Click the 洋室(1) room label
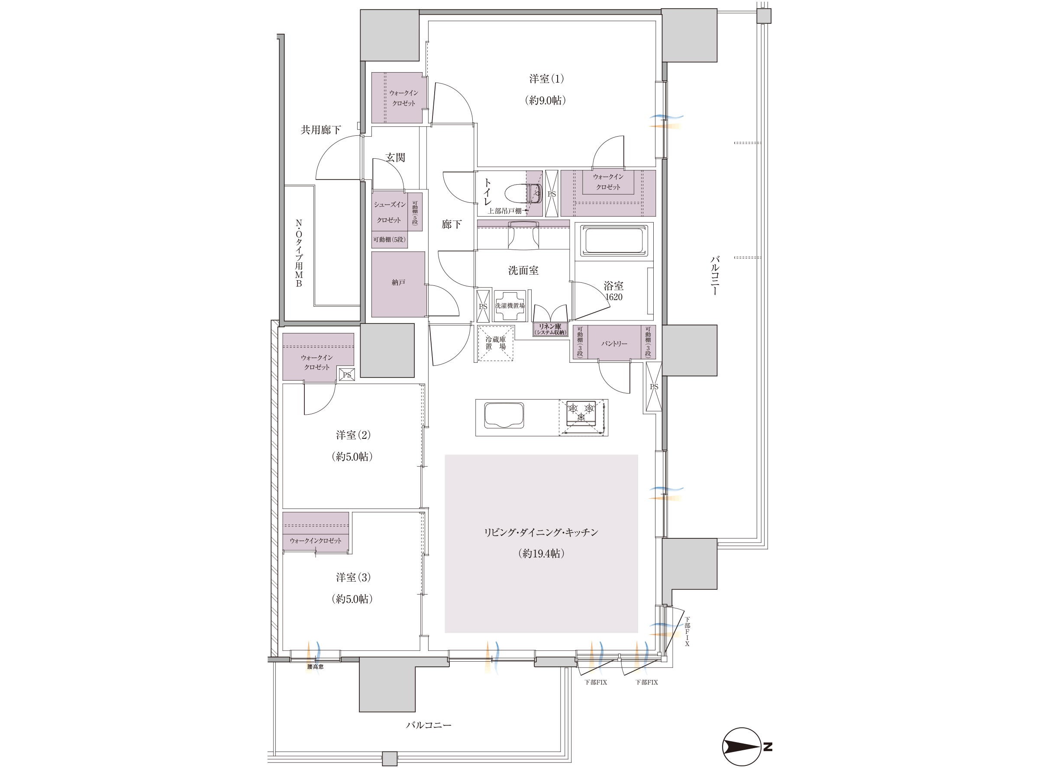click(546, 79)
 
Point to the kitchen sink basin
click(504, 415)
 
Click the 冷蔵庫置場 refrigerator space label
click(496, 343)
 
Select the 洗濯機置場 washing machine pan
click(510, 305)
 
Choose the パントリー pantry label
click(614, 343)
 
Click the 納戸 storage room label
click(398, 283)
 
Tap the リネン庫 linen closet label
click(550, 329)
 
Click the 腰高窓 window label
click(315, 667)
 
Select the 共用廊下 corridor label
click(321, 130)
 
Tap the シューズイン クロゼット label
click(390, 212)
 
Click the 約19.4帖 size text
click(541, 553)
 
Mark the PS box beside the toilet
click(552, 193)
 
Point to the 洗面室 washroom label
click(523, 271)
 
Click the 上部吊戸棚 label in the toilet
click(504, 211)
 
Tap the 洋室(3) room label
click(353, 577)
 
